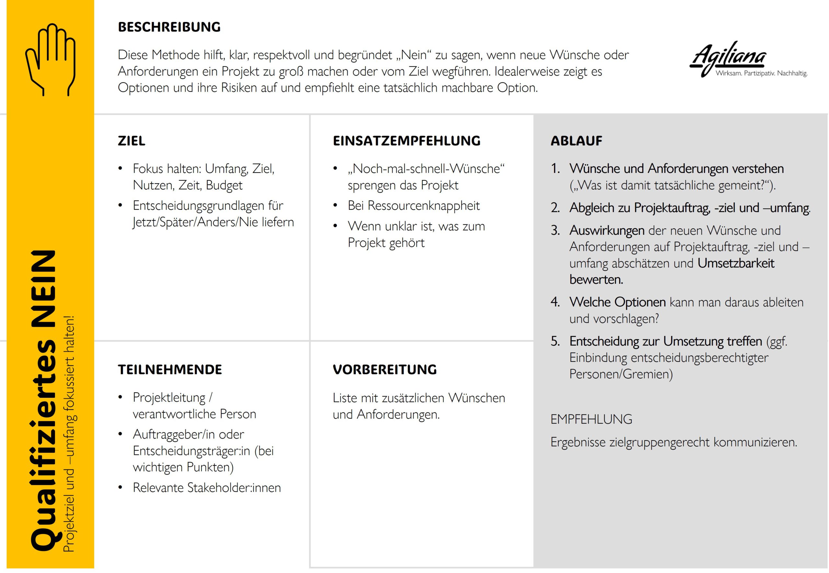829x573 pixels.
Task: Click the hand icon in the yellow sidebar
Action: [50, 59]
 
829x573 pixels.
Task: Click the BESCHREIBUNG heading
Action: [169, 27]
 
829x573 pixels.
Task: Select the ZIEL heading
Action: [131, 141]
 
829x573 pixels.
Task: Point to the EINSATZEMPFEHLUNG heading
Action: [406, 141]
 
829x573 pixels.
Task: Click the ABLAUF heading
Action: [576, 141]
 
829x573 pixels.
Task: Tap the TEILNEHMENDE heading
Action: [170, 369]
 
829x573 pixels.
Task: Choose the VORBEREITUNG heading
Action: [384, 369]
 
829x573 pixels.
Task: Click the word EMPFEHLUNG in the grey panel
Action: [591, 419]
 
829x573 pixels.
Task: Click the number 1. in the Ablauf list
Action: [555, 168]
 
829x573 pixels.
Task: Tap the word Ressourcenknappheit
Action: [424, 205]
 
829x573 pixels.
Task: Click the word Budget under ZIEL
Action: [224, 185]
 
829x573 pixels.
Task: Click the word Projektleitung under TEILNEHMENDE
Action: [169, 398]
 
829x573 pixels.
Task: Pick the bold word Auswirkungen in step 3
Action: [607, 230]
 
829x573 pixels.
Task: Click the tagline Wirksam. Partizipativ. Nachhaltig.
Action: [761, 73]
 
